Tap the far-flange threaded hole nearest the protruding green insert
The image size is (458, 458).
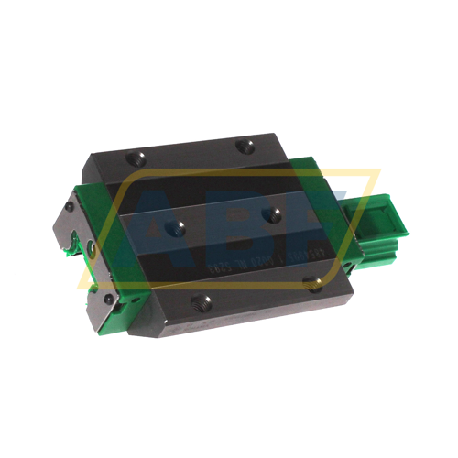pyautogui.click(x=244, y=145)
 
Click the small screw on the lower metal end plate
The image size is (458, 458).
pyautogui.click(x=109, y=299)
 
